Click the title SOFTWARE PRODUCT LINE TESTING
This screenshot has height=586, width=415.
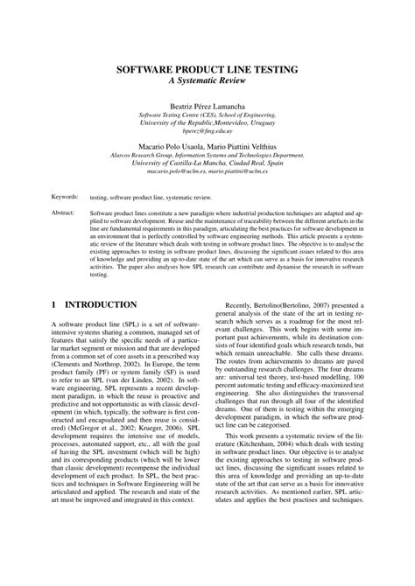(207, 68)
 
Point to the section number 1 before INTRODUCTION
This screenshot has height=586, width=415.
(54, 305)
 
